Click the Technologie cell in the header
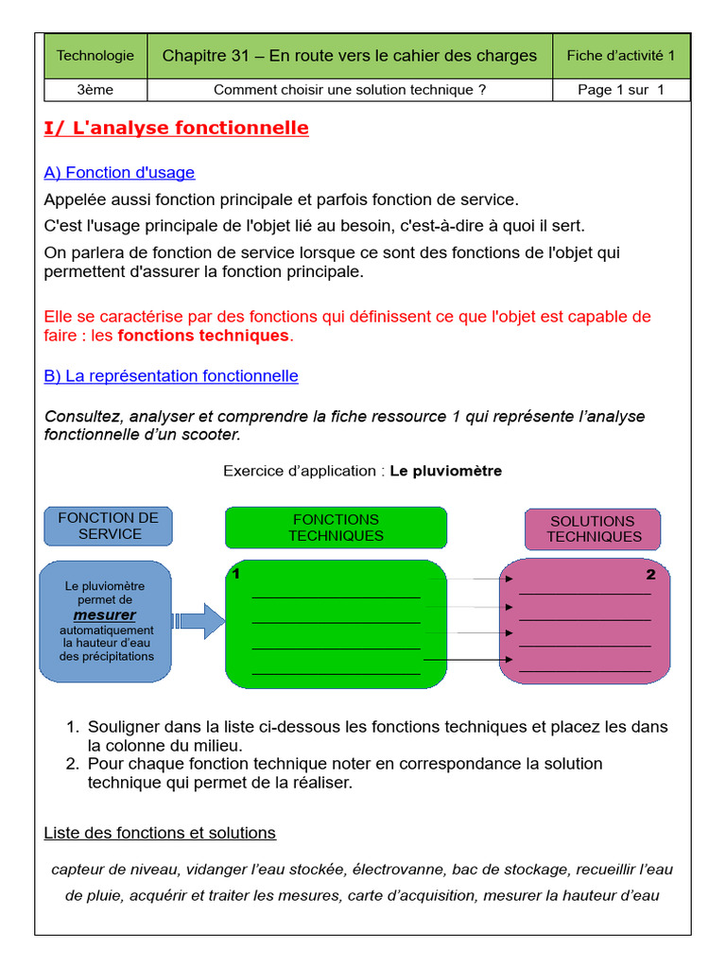pos(95,56)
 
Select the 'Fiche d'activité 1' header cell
pos(620,56)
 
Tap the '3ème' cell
pos(95,90)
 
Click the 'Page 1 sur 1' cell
pos(620,90)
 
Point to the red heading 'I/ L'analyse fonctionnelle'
pos(177,128)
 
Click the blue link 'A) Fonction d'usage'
pos(119,172)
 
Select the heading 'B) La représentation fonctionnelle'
pos(171,375)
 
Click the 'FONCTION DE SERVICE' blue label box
pos(109,526)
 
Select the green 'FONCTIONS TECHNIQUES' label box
pos(336,527)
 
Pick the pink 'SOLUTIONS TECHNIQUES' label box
pos(593,528)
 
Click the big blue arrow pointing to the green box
pos(199,621)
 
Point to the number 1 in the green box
pos(236,575)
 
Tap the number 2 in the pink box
pos(650,575)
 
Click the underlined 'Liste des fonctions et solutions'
pos(160,833)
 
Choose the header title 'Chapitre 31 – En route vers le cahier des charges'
pos(350,56)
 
